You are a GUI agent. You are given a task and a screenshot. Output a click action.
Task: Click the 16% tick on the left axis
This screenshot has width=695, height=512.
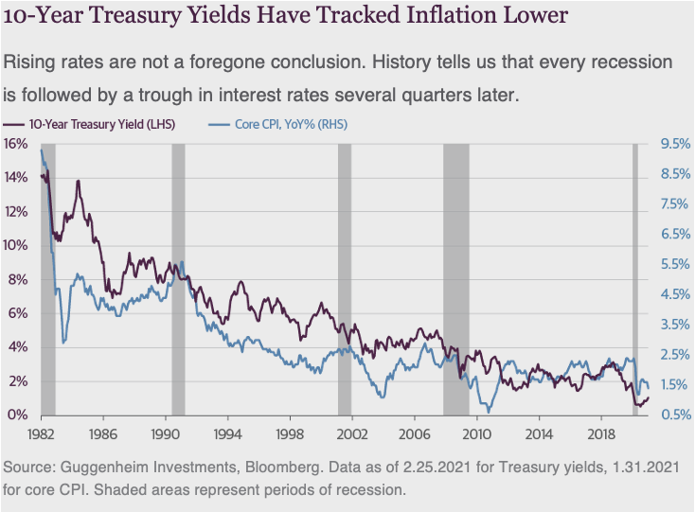[x=15, y=143]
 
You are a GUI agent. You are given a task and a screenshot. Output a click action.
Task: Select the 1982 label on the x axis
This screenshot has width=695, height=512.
[x=42, y=433]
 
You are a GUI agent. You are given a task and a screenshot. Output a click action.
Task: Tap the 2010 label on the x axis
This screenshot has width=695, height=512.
[x=476, y=433]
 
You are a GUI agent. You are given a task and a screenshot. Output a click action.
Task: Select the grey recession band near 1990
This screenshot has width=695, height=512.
[x=178, y=279]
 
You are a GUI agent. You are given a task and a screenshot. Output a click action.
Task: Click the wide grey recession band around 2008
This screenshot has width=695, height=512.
[x=456, y=279]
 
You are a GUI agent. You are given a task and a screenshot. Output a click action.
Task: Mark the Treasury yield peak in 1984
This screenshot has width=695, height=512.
[x=79, y=181]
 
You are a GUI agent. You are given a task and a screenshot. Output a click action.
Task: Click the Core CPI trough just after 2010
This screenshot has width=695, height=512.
[x=489, y=411]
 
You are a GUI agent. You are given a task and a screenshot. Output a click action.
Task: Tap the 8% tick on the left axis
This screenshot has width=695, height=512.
[x=18, y=279]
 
